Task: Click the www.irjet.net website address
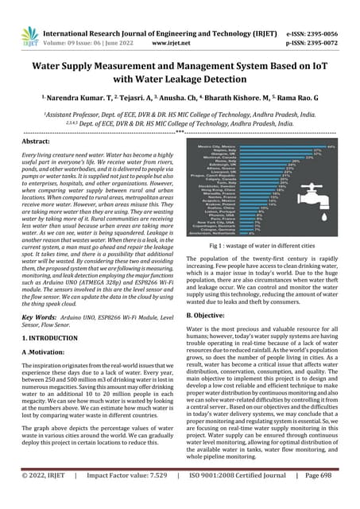point(180,24)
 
